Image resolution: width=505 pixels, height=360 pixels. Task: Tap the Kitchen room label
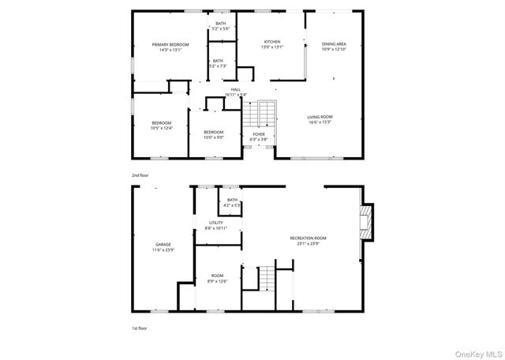[x=272, y=43]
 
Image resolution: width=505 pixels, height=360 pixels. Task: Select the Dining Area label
[x=335, y=47]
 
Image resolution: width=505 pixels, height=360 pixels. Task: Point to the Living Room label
[x=320, y=119]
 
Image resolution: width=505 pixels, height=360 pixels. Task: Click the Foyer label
[x=259, y=137]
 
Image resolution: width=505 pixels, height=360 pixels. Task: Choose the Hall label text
[x=235, y=92]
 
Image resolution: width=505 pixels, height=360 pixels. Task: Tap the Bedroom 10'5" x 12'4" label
[x=162, y=125]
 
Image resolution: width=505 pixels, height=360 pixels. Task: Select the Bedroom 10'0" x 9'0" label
[x=214, y=134]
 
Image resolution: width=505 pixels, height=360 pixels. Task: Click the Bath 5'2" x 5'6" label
[x=221, y=26]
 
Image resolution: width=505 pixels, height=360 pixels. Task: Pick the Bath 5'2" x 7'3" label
[x=217, y=63]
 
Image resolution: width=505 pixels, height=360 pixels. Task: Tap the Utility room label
[x=217, y=225]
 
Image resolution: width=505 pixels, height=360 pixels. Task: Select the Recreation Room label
[x=309, y=240]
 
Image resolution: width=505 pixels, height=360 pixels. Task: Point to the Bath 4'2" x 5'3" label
[x=232, y=202]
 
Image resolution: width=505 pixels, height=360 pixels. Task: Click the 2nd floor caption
[x=140, y=174]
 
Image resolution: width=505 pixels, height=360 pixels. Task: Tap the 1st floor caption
[x=139, y=327]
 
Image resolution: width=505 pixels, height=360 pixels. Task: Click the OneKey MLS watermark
[x=479, y=352]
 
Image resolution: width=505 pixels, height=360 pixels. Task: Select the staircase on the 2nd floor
[x=260, y=115]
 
